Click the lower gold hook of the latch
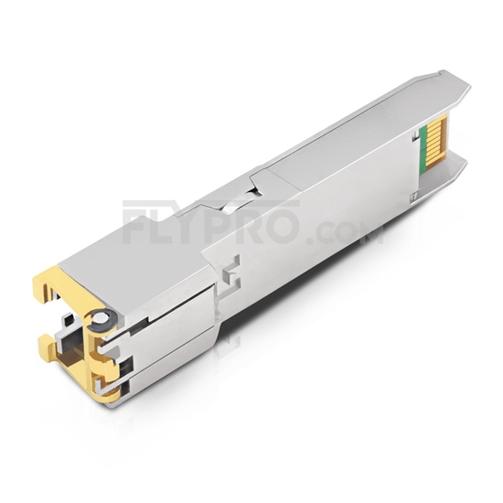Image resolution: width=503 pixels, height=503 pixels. pos(48,346)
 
